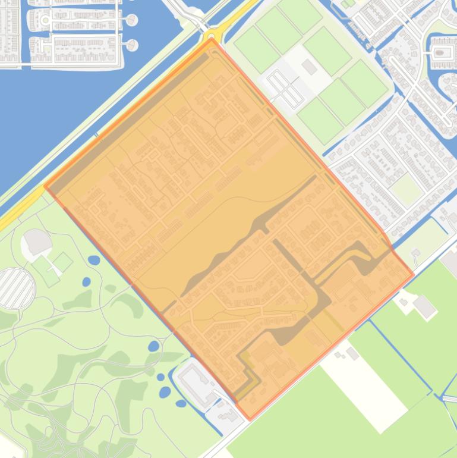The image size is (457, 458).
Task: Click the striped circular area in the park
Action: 16,288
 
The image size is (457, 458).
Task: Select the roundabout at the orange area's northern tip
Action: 211,34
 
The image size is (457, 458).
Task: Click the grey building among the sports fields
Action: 309,67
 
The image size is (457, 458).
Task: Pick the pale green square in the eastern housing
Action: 406,189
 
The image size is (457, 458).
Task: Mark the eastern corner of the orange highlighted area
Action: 413,275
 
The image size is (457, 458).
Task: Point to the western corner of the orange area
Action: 45,186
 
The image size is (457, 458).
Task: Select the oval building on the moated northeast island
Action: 439,52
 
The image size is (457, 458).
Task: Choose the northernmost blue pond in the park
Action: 93,260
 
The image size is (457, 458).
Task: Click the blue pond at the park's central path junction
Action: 153,346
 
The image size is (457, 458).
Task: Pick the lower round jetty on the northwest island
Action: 131,45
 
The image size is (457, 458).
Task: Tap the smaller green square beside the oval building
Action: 62,261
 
